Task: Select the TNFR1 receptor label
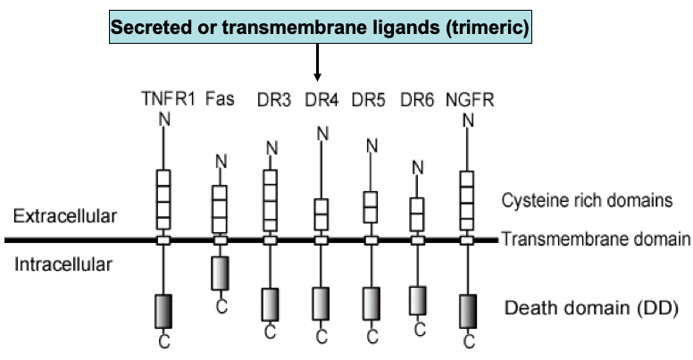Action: click(168, 98)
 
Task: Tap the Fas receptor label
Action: click(220, 98)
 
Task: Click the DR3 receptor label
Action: click(272, 98)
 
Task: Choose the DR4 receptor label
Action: click(321, 98)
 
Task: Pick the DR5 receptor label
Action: click(369, 98)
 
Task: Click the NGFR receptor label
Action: click(468, 98)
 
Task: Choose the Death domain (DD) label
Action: click(592, 309)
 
